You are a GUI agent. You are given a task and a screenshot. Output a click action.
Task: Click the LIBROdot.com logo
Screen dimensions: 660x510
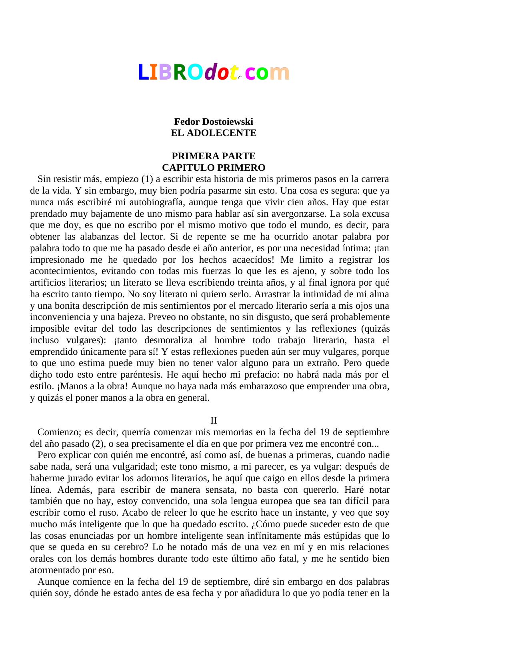coord(214,72)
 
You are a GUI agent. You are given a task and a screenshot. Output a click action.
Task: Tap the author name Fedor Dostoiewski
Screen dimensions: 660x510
coord(214,122)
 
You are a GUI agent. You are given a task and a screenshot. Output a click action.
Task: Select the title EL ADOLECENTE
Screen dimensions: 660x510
coord(214,133)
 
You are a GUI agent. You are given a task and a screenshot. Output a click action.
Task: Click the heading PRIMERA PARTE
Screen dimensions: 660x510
coord(214,156)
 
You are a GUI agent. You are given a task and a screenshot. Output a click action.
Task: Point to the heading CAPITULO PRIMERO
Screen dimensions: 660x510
coord(214,168)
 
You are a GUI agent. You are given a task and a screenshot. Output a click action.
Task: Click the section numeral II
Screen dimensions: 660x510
coord(214,421)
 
